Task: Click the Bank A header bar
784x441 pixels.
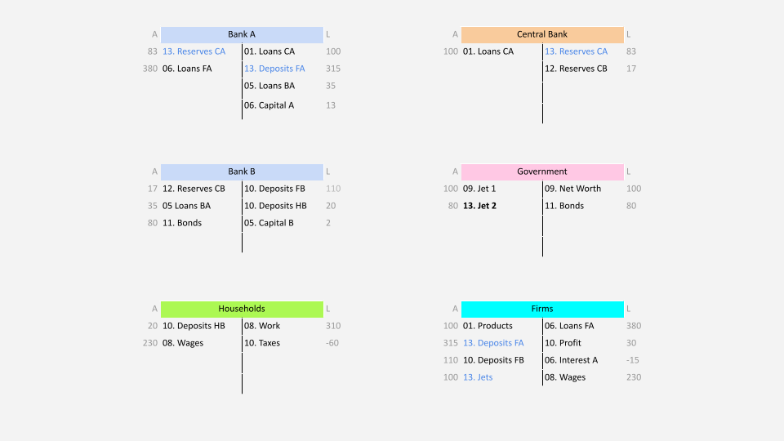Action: (242, 34)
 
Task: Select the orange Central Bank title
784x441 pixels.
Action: (542, 34)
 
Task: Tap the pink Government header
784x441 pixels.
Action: (542, 171)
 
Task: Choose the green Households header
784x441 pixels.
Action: (242, 309)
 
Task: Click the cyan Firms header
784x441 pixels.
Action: (542, 309)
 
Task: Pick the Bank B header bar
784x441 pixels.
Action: (242, 171)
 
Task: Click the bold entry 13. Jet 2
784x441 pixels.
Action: (479, 206)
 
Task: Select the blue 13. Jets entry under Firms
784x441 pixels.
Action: (478, 377)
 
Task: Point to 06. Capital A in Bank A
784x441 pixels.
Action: (269, 105)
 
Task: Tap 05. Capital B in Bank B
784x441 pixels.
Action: (269, 223)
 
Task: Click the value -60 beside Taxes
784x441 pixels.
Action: (332, 343)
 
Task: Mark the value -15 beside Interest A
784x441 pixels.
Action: (632, 360)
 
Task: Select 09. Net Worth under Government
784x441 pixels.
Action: (573, 189)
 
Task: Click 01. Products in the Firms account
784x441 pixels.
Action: (488, 326)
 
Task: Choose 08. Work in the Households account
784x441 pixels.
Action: (262, 326)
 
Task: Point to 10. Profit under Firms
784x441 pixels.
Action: (563, 343)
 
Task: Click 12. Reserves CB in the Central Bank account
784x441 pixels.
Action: (576, 69)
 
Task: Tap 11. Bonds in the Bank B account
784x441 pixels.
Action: (182, 223)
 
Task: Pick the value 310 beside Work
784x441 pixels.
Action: (333, 326)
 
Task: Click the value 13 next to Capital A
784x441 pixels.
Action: (331, 105)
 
